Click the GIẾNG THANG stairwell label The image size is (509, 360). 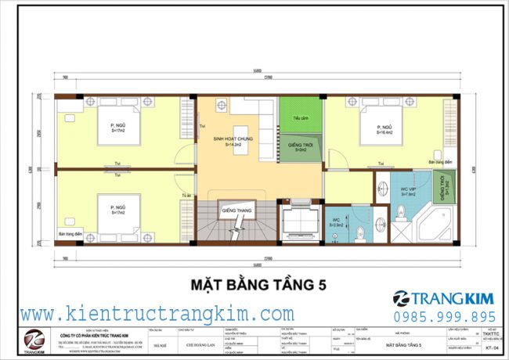[x=235, y=211]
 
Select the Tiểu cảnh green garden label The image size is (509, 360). [x=298, y=120]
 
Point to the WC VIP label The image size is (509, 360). [x=407, y=190]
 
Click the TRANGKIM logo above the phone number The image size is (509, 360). [x=443, y=298]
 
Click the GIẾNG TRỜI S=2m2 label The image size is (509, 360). [x=301, y=147]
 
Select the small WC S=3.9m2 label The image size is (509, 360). [x=335, y=222]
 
